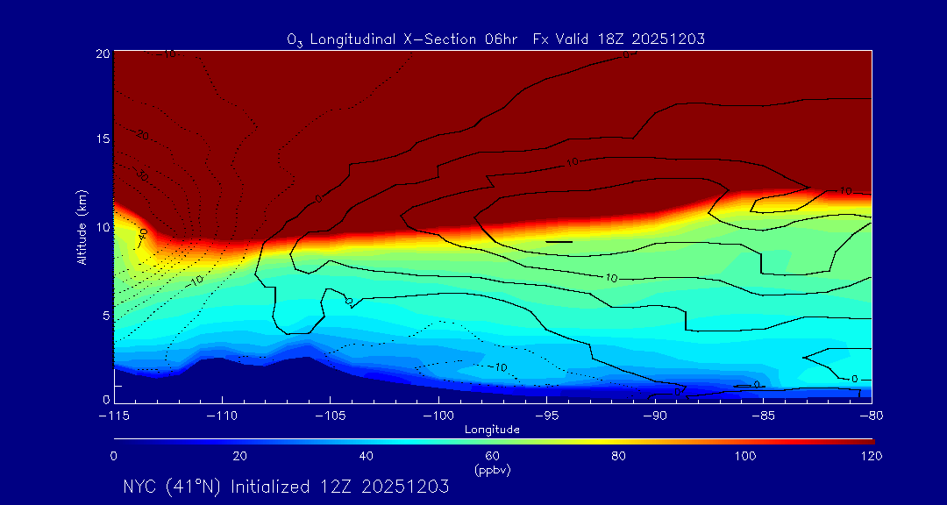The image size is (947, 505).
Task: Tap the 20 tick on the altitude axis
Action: tap(102, 53)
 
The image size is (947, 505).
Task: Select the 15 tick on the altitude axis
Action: tap(102, 140)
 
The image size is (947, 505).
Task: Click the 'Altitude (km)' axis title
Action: tap(81, 226)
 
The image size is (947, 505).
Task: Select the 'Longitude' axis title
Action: tap(492, 429)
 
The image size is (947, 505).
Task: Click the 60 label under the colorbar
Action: tap(492, 456)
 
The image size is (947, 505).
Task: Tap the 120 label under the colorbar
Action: tap(871, 456)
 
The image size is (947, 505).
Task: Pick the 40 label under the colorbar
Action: tap(366, 456)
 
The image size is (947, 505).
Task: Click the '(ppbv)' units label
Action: tap(492, 469)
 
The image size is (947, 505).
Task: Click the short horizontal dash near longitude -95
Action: tap(559, 241)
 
